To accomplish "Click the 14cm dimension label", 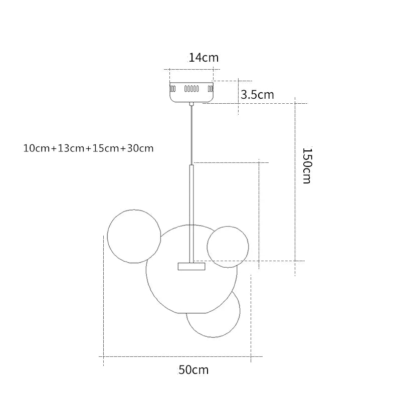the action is pyautogui.click(x=204, y=58).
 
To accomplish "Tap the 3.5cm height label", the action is pyautogui.click(x=257, y=95).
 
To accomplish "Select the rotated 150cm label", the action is pyautogui.click(x=307, y=165).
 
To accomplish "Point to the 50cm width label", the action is pyautogui.click(x=193, y=370).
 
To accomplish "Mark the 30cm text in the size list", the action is pyautogui.click(x=140, y=148).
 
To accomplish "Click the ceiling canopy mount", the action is pyautogui.click(x=191, y=92).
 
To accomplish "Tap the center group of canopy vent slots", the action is pyautogui.click(x=191, y=89).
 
